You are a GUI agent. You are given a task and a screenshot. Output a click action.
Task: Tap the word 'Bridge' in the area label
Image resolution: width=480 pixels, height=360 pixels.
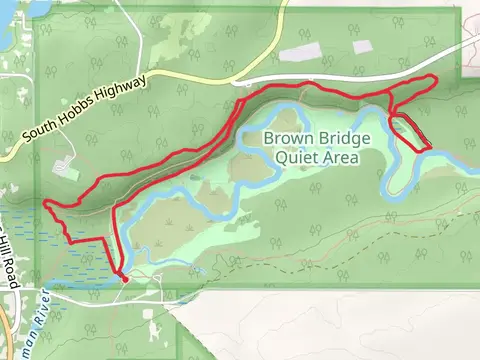pos(342,138)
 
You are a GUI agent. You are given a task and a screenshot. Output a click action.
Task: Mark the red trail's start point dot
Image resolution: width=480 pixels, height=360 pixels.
pos(124,279)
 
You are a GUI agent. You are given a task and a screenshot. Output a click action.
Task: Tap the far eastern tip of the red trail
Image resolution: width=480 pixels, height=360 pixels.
pos(437,79)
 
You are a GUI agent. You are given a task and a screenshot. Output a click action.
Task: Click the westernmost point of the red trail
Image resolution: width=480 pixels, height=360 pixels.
pos(45,203)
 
